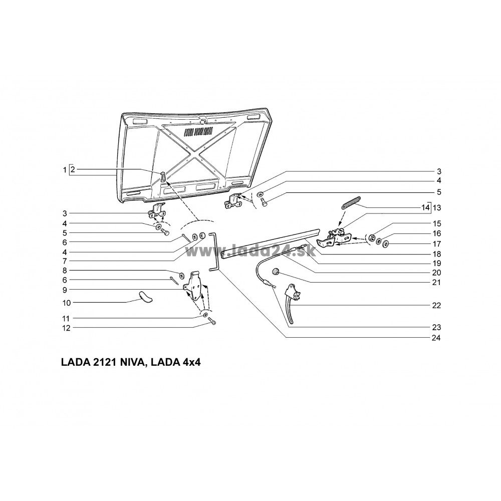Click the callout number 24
[x=436, y=338]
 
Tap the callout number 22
[x=436, y=306]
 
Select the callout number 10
[x=66, y=303]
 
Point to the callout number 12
[x=66, y=328]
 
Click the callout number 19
[x=436, y=264]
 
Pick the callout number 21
[x=436, y=283]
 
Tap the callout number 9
[x=65, y=290]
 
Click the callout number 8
[x=65, y=271]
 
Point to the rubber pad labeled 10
[x=145, y=296]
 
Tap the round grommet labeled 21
[x=275, y=272]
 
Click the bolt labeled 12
[x=212, y=321]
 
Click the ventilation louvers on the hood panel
[x=199, y=131]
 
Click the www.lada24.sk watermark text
[x=250, y=251]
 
